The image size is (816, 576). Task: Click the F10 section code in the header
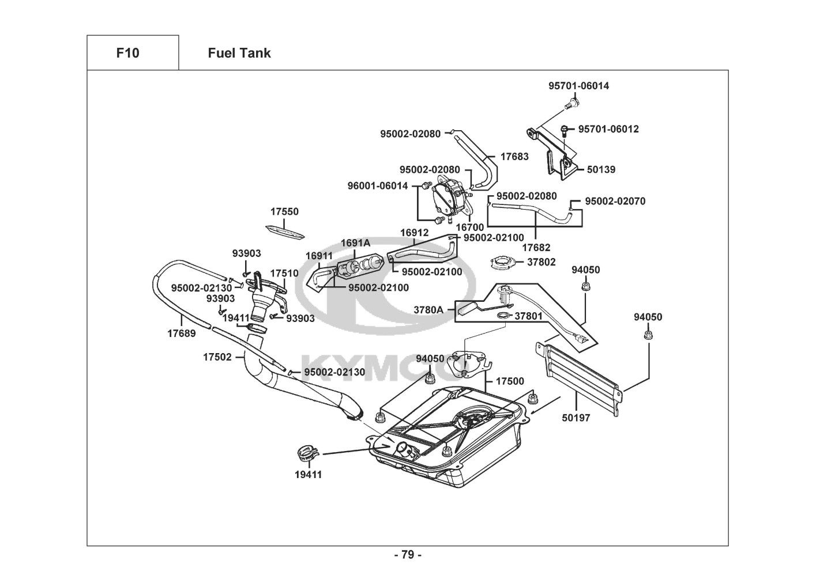[x=127, y=53]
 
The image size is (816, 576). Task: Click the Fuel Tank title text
[x=239, y=53]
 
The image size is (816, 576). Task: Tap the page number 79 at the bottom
[x=408, y=555]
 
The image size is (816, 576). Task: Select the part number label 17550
[x=285, y=211]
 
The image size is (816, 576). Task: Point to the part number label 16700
[x=470, y=227]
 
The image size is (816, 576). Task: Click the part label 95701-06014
[x=578, y=86]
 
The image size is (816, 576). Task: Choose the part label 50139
[x=601, y=169]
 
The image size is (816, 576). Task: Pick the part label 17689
[x=182, y=333]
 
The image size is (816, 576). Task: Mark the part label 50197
[x=576, y=418]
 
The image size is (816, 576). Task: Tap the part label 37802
[x=542, y=262]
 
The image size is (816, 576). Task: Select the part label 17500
[x=510, y=381]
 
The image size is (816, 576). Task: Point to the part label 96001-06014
[x=378, y=185]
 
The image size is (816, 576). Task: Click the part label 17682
[x=536, y=248]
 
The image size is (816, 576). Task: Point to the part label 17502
[x=217, y=357]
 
